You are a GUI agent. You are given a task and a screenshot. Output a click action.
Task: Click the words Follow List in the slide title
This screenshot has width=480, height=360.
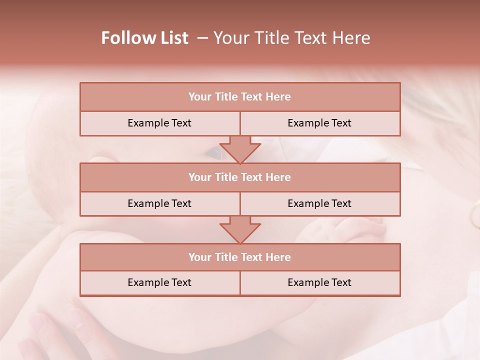pos(145,38)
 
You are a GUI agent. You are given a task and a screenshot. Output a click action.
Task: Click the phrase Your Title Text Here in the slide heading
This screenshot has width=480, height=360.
pos(292,38)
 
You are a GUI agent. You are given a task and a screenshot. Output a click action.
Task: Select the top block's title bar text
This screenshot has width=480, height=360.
pos(239,97)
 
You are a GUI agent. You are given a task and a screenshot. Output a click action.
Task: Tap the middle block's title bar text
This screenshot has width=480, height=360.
pos(239,177)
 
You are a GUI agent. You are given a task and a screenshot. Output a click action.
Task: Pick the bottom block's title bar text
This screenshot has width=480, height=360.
pos(239,257)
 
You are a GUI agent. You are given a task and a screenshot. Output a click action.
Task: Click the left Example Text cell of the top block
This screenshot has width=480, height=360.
pos(159,123)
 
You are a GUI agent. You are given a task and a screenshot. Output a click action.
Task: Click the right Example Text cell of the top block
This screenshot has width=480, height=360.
pos(319,123)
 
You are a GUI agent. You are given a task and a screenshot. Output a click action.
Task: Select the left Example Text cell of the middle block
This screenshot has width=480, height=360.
pos(159,203)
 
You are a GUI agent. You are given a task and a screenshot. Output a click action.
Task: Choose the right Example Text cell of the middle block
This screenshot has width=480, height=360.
pos(319,203)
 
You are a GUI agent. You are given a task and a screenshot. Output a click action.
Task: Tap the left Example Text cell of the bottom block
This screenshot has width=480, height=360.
pos(159,282)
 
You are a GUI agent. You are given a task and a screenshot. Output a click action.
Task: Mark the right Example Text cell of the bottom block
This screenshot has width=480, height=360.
pos(319,282)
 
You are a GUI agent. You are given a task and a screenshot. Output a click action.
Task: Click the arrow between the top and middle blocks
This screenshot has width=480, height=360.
pos(240,149)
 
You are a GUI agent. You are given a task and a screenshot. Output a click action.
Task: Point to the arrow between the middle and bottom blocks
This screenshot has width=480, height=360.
pos(240,229)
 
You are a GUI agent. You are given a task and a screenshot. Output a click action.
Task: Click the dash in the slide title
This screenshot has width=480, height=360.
pos(202,38)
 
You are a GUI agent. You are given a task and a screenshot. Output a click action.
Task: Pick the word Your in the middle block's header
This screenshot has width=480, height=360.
pos(199,177)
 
